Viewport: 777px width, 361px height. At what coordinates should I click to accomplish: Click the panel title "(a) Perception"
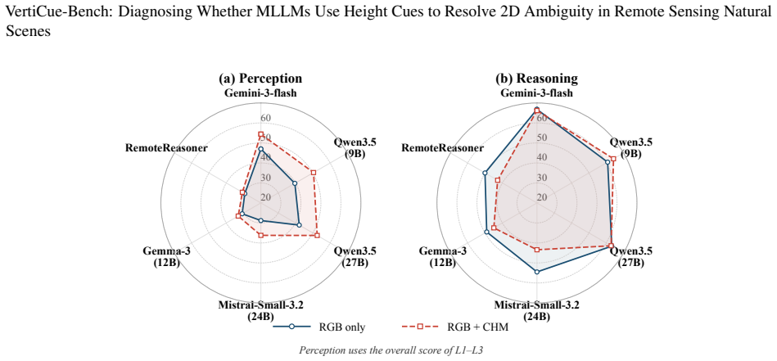coord(260,79)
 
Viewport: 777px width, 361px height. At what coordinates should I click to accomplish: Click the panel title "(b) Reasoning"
coord(536,79)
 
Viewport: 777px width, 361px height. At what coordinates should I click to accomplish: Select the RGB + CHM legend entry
coord(455,327)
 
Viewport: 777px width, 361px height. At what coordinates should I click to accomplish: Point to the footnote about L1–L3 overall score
coord(391,350)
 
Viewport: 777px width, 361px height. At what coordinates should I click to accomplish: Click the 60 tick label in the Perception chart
coord(265,118)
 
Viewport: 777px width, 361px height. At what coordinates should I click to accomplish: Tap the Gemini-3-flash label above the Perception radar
coord(260,93)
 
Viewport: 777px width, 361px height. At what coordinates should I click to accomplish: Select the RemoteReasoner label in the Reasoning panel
coord(442,147)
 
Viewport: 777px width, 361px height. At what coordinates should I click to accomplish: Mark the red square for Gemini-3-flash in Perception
coord(260,134)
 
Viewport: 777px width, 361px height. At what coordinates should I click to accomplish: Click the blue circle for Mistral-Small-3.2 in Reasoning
coord(536,272)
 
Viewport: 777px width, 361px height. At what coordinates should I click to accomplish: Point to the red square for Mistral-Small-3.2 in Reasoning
coord(536,250)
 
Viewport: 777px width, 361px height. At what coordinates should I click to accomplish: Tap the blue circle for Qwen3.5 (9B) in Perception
coord(295,183)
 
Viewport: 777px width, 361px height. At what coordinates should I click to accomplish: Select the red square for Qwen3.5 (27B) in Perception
coord(317,235)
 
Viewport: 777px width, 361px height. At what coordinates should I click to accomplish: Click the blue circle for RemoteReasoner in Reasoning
coord(486,173)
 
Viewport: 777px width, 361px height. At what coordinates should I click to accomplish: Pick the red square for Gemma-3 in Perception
coord(238,216)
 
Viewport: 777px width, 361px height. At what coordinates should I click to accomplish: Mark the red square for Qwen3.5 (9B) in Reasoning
coord(613,159)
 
